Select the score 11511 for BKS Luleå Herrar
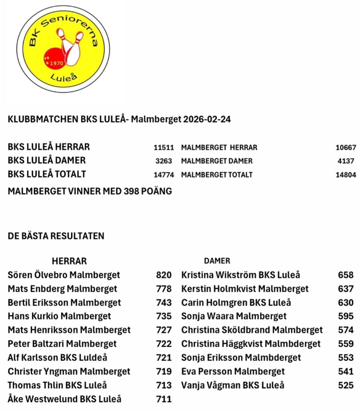coord(163,147)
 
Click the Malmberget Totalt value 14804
coord(346,175)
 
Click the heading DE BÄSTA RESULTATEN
coord(56,236)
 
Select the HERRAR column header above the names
coord(69,261)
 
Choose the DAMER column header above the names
coord(217,261)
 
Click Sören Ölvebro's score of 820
coord(164,275)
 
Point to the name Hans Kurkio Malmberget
coord(59,316)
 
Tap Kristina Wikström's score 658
coord(346,275)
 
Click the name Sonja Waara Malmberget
coord(234,316)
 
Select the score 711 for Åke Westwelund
coord(164,399)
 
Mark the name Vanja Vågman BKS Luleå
coord(233,385)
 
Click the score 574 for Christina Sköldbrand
coord(346,330)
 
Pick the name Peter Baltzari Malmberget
coord(62,344)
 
